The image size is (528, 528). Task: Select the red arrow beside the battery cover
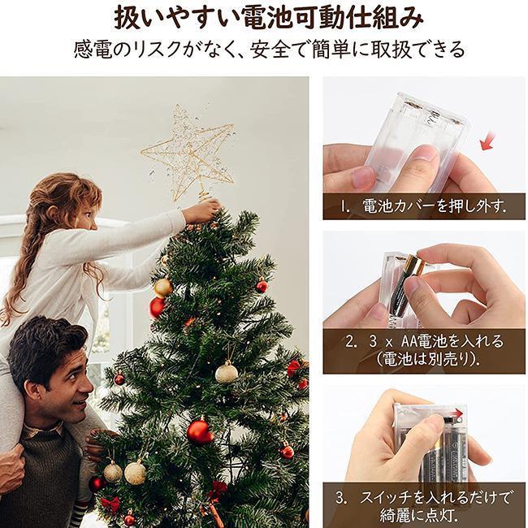tap(487, 141)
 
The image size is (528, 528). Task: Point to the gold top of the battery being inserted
tap(415, 264)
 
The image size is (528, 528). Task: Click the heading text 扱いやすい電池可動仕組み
tap(268, 19)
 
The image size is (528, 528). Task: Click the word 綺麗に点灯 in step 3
tap(418, 514)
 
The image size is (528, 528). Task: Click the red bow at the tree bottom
tap(110, 504)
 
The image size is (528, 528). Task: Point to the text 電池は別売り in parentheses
tap(427, 360)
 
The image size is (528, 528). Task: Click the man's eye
tap(72, 373)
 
